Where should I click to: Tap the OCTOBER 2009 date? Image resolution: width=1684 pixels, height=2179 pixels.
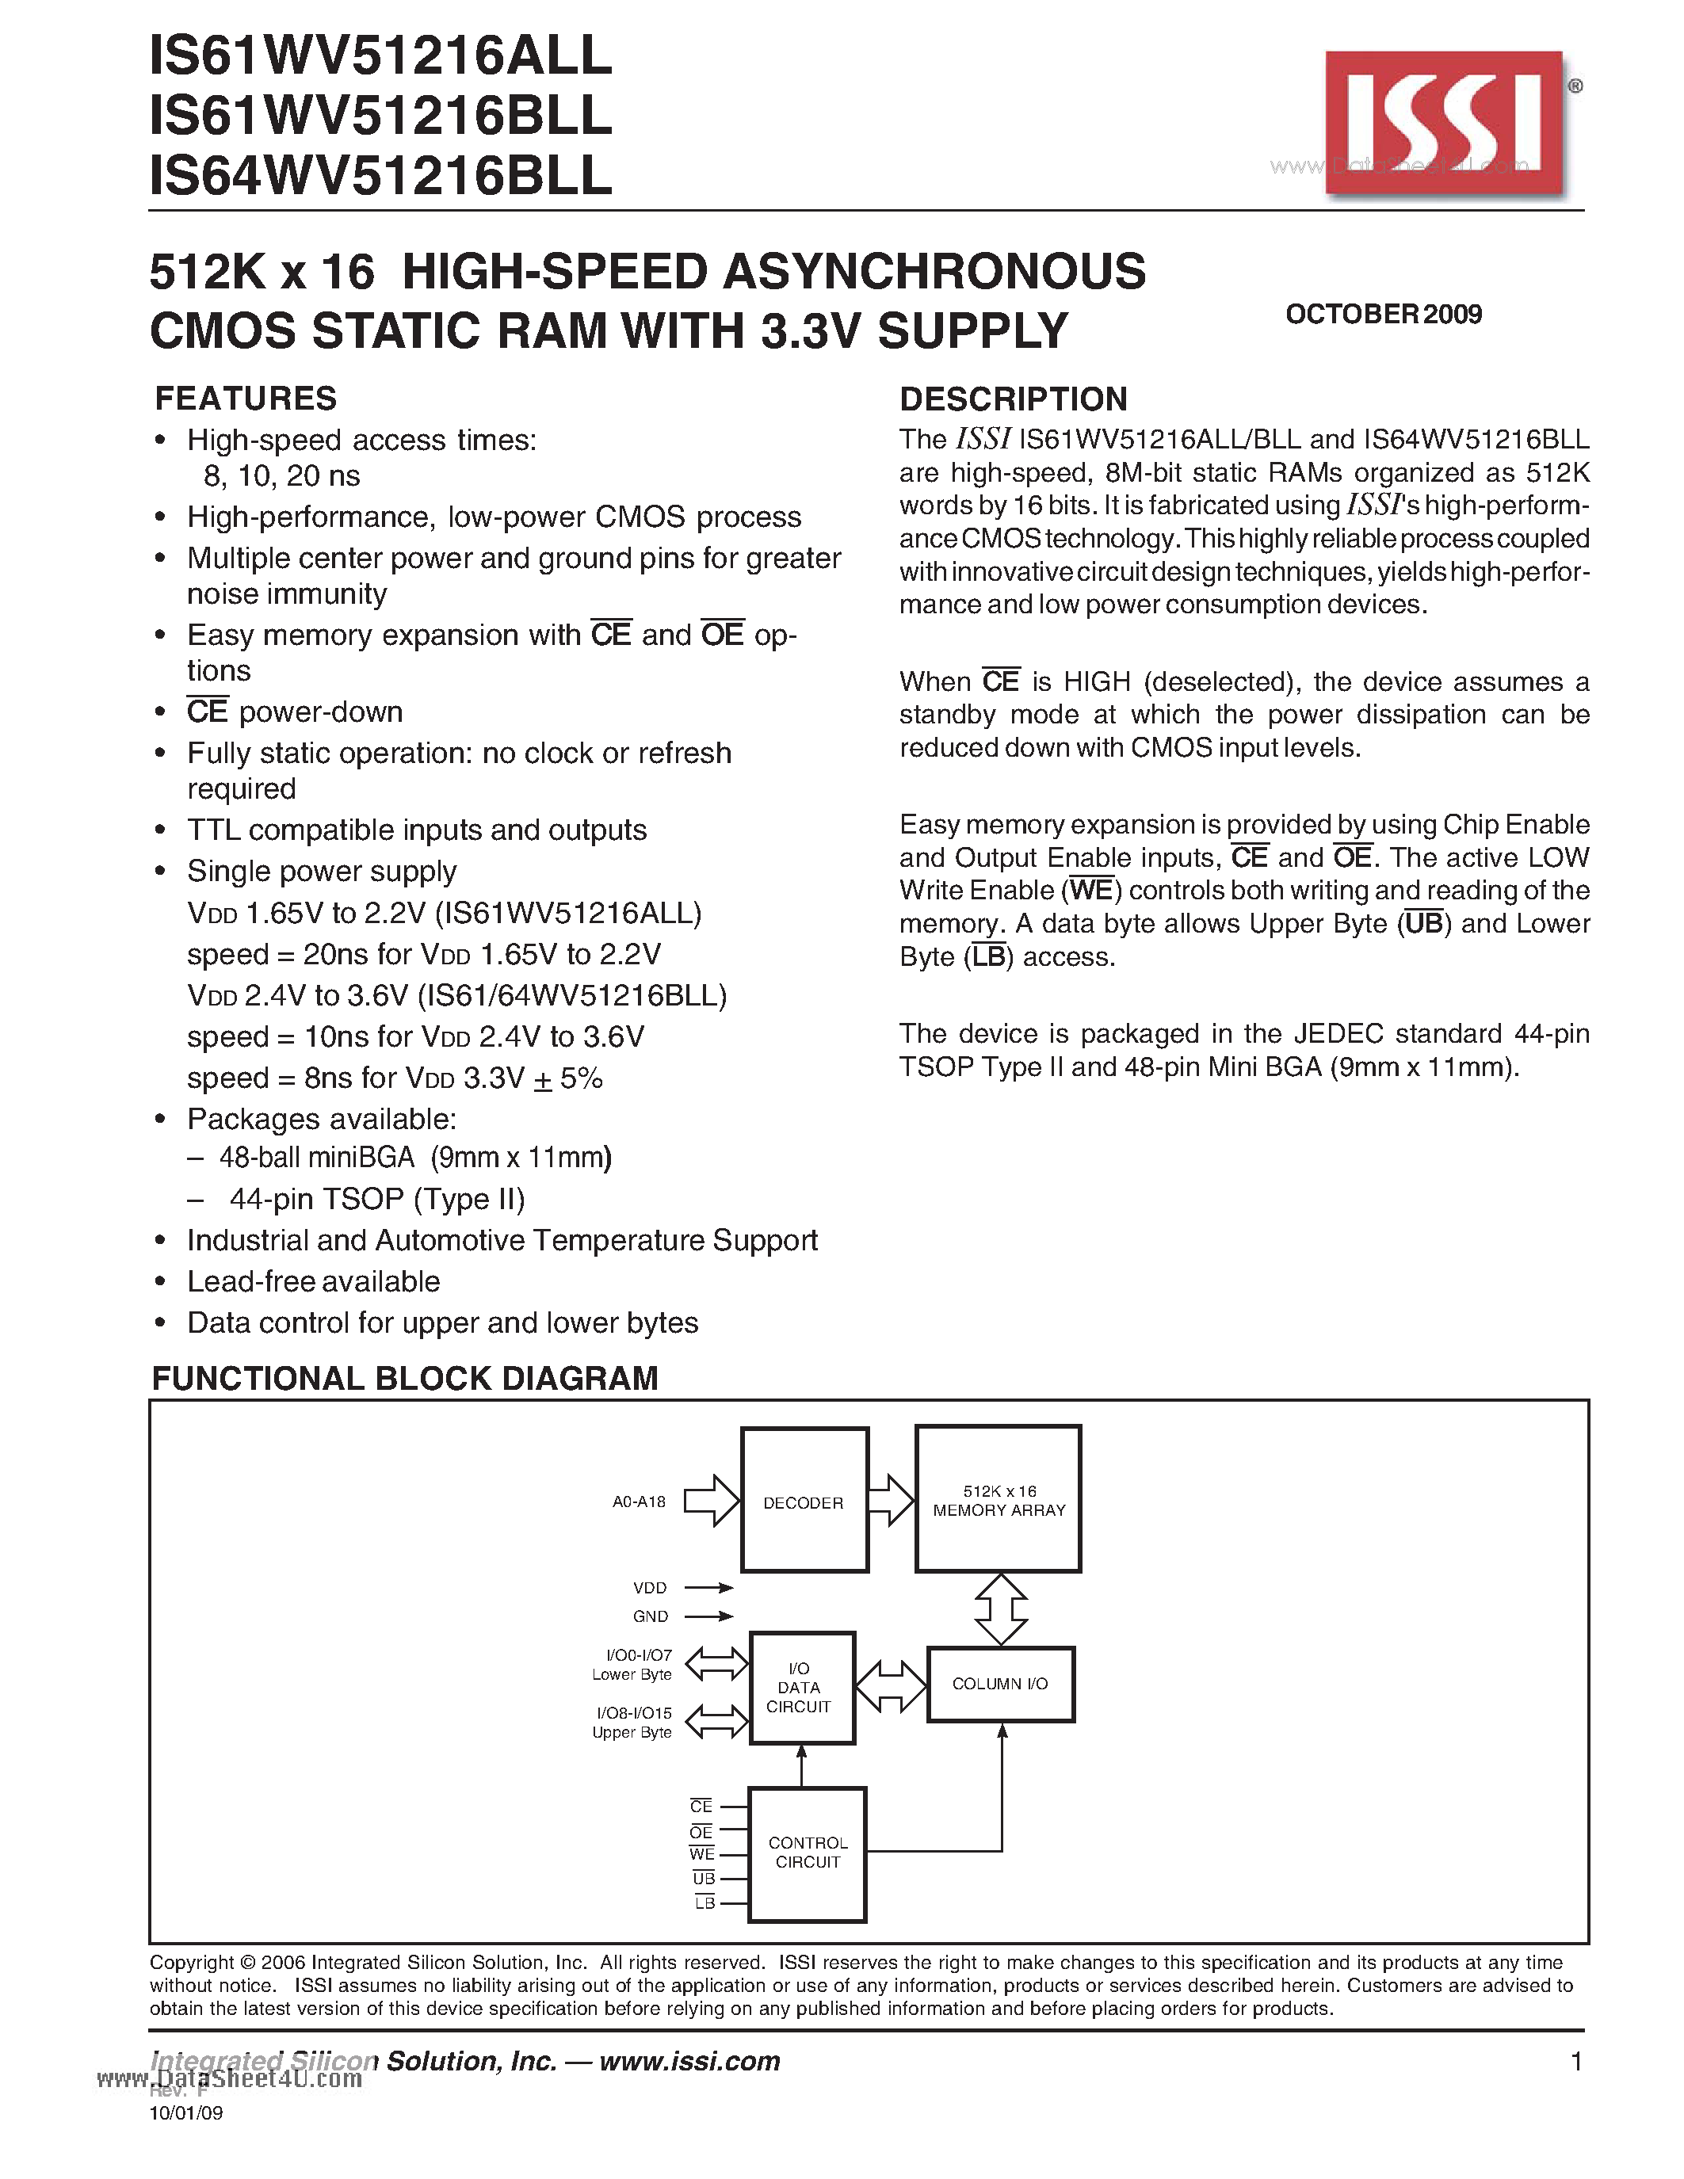1383,315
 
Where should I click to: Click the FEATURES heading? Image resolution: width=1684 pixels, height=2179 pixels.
246,398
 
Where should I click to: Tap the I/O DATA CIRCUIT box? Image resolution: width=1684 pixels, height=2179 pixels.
801,1688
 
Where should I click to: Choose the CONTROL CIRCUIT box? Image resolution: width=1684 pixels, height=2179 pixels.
807,1853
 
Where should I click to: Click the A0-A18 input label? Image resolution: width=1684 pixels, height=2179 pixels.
639,1502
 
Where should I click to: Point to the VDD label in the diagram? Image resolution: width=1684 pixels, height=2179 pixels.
650,1587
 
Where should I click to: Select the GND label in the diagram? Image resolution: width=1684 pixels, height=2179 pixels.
651,1616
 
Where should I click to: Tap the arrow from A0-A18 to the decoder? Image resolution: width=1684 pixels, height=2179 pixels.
710,1501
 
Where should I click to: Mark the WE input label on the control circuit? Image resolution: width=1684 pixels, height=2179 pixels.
702,1855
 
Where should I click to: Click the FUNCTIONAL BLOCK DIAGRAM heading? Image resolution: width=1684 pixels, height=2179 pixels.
404,1378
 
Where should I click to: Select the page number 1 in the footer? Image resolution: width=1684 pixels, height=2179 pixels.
1576,2061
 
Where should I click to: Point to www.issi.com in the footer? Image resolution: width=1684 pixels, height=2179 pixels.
689,2061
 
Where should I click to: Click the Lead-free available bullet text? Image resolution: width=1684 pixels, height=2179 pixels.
313,1281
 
